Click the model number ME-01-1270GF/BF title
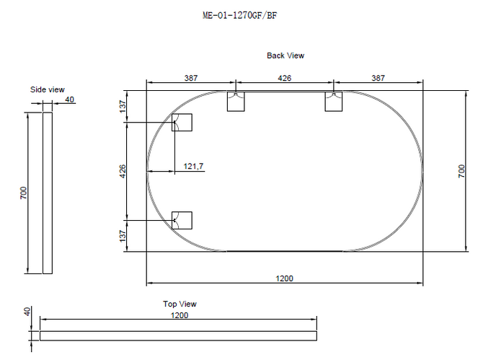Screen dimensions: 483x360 point(239,15)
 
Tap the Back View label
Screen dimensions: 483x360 point(285,56)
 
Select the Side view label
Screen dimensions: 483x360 point(48,89)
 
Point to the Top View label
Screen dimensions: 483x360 point(180,304)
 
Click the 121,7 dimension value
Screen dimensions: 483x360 point(193,167)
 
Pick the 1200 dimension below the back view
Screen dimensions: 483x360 point(284,278)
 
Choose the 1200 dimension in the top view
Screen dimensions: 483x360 point(180,315)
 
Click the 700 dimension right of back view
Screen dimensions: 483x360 point(461,171)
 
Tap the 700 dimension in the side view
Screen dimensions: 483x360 point(24,193)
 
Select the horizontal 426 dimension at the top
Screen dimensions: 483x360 point(284,78)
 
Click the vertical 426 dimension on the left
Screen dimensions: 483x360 point(123,172)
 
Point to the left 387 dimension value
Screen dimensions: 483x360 point(191,78)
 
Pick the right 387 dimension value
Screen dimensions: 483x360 point(378,78)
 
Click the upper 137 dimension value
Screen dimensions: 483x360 point(123,106)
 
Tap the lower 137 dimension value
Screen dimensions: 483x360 point(123,236)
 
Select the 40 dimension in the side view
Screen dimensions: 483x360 point(70,100)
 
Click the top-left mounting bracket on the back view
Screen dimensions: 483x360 point(236,101)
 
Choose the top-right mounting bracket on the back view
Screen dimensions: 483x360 point(334,101)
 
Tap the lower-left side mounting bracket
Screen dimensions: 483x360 point(182,220)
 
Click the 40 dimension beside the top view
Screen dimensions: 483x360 point(27,311)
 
